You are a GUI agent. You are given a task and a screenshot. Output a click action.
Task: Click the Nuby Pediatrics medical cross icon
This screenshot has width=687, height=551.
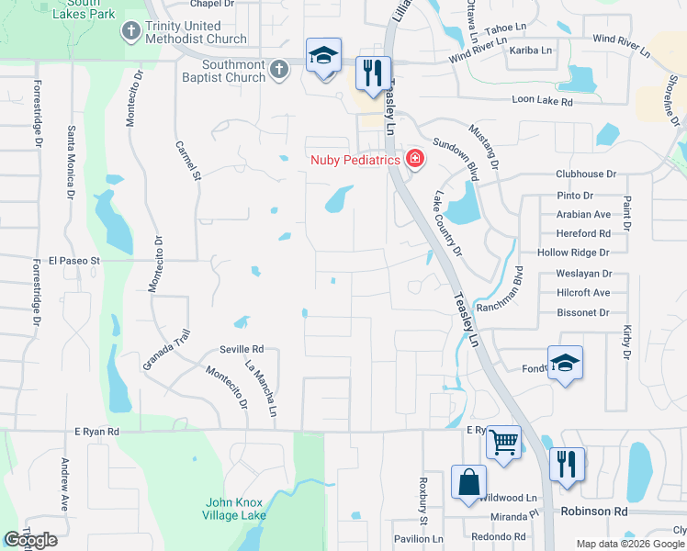[x=415, y=160]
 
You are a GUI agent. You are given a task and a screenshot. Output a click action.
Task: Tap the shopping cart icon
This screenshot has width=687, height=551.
[x=503, y=442]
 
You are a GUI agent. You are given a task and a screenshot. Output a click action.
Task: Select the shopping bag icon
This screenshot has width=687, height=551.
[x=468, y=481]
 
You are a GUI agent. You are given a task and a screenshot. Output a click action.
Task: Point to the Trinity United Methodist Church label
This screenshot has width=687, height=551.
[x=196, y=32]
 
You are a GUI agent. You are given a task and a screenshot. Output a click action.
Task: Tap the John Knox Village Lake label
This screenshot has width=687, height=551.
[x=234, y=509]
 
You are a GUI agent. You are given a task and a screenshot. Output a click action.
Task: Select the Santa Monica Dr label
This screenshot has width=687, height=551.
[x=70, y=162]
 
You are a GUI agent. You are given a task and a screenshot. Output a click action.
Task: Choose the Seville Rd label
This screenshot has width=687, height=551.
[x=242, y=349]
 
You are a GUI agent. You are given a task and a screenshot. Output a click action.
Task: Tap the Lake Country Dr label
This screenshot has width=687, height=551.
[x=447, y=223]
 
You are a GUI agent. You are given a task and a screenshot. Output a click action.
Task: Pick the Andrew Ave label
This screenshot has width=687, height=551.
[x=65, y=484]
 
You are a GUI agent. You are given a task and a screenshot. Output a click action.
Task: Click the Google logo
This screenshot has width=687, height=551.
[x=30, y=540]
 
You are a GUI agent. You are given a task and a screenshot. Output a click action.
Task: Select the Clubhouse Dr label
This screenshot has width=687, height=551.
[x=584, y=174]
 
